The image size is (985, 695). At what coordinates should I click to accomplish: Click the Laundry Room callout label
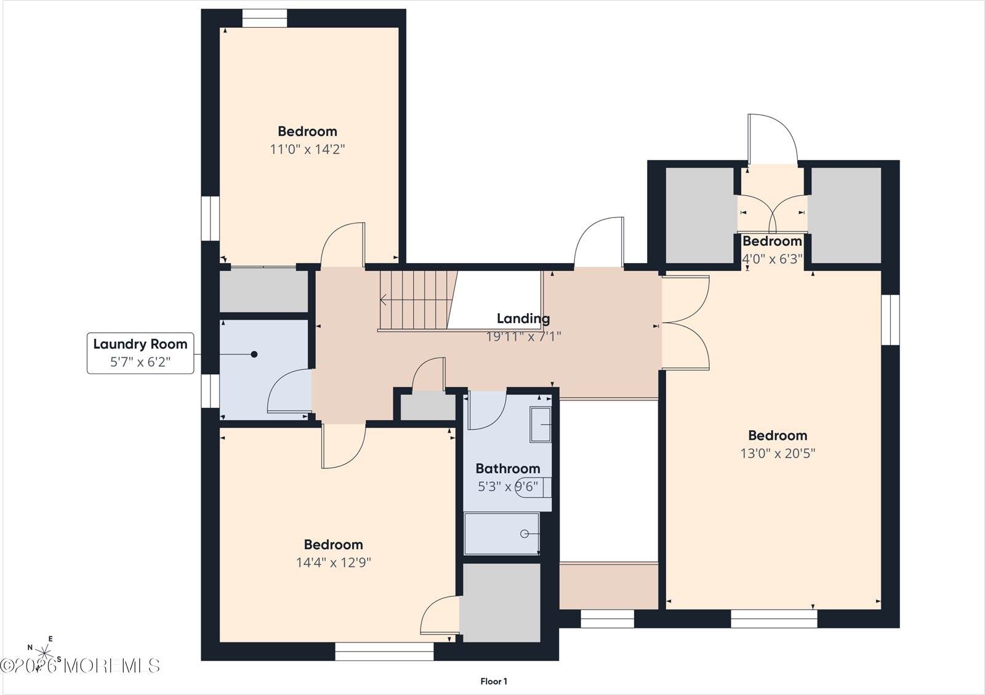[140, 353]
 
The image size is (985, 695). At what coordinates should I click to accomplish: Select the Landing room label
[523, 319]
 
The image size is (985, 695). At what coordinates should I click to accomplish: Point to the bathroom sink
[541, 425]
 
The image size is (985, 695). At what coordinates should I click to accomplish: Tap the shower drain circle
[525, 534]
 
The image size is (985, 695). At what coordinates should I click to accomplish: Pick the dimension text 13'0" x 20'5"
[778, 453]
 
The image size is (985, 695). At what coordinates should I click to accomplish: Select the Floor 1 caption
[493, 681]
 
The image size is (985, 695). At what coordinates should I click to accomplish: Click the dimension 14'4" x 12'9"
[333, 563]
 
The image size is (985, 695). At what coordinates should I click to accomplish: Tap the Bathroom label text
[507, 469]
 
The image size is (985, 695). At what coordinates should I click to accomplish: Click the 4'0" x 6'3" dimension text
[772, 259]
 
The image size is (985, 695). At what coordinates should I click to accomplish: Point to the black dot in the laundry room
[254, 354]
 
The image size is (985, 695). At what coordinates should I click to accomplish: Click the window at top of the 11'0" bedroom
[265, 18]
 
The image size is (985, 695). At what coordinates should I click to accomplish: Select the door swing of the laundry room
[289, 391]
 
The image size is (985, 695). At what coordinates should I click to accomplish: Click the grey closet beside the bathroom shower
[501, 603]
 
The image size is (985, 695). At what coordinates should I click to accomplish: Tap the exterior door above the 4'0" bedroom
[772, 139]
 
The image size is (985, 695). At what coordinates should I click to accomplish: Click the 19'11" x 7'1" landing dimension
[523, 336]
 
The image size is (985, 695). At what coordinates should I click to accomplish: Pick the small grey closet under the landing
[427, 408]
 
